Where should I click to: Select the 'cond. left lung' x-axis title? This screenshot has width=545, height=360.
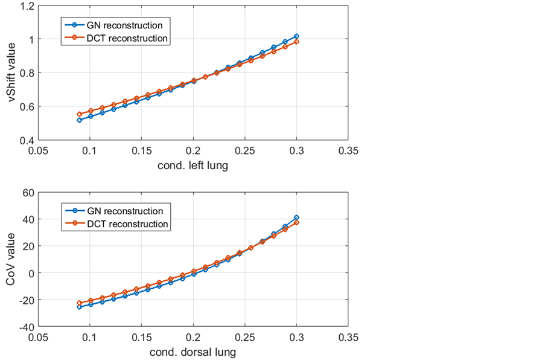(193, 166)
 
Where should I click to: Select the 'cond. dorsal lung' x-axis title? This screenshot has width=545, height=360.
(193, 352)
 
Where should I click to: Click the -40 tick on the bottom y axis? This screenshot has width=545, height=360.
(25, 326)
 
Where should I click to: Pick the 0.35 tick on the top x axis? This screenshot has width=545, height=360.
(348, 150)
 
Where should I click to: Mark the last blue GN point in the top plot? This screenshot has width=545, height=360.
(296, 36)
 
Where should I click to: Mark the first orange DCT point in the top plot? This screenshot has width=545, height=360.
(79, 114)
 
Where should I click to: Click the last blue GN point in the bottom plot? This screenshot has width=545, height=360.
(296, 217)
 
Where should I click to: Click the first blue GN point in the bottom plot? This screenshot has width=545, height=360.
(79, 307)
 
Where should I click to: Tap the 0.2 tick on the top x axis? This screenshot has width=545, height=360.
(193, 150)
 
